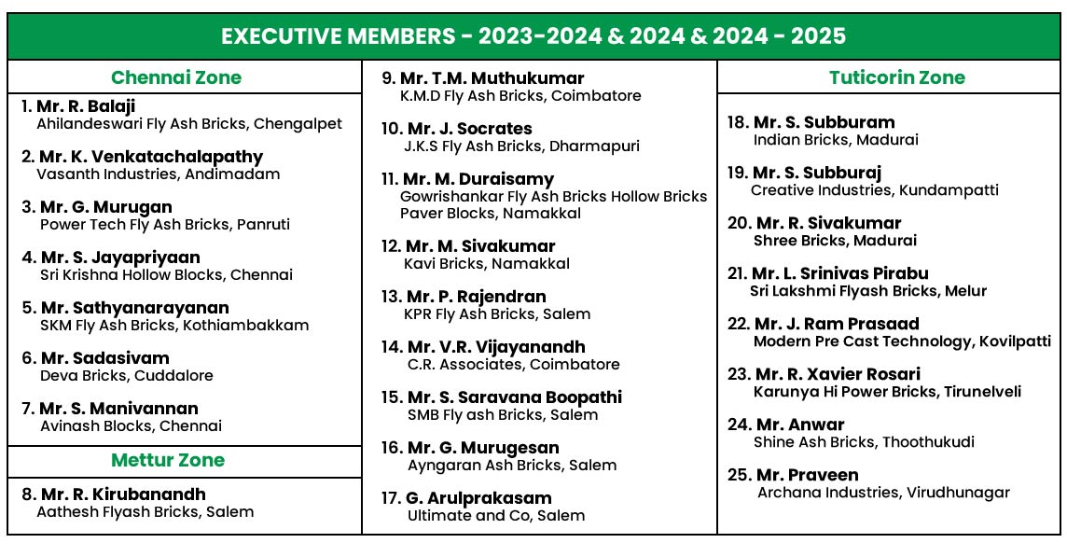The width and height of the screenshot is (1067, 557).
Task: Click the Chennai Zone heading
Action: [175, 77]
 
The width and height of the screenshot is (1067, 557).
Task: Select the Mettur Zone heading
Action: [168, 460]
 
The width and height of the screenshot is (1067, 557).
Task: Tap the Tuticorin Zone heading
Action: [896, 77]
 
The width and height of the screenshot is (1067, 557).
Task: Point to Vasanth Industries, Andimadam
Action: [158, 174]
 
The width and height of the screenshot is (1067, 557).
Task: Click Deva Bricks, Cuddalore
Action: [127, 375]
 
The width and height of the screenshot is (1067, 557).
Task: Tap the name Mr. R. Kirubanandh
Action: [122, 494]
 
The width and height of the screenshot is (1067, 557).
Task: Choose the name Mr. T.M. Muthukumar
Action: [492, 78]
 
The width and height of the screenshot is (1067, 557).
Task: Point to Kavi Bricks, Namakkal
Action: [487, 263]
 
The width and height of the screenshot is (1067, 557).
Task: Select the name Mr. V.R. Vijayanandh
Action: [496, 347]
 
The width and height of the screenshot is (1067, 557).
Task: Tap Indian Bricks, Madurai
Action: [836, 139]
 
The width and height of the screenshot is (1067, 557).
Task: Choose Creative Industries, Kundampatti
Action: [874, 189]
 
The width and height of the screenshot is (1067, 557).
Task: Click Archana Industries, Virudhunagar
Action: [883, 492]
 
